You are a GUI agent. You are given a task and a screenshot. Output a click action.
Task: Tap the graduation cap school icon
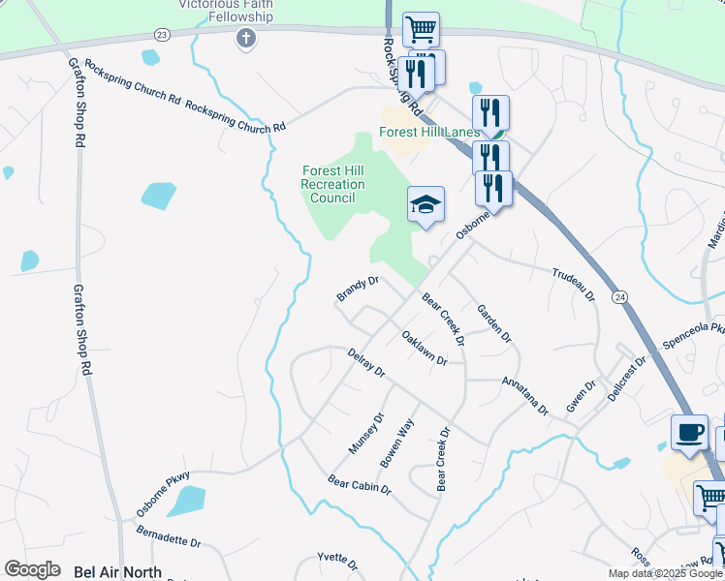(426, 204)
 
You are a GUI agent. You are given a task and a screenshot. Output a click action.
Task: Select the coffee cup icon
(689, 432)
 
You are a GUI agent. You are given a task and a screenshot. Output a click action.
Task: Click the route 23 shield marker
(161, 34)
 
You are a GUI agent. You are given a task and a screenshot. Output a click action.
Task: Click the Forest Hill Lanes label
(428, 132)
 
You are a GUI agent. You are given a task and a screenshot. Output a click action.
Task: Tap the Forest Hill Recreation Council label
(332, 184)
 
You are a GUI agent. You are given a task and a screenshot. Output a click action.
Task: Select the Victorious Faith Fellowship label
(226, 10)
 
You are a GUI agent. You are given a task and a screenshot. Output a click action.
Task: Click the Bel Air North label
(117, 571)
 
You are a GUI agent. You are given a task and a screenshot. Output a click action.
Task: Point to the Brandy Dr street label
(357, 288)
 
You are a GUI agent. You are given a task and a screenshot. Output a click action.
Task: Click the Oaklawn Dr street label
(425, 348)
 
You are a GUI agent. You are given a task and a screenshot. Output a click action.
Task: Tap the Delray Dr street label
(366, 363)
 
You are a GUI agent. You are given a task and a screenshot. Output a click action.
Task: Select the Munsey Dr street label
(366, 433)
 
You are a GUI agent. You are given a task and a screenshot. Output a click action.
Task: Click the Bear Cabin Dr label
(359, 485)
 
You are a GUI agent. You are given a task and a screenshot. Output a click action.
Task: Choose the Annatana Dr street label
(525, 396)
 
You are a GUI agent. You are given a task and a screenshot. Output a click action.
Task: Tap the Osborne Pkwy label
(162, 493)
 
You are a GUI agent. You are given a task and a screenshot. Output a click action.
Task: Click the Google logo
(32, 569)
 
